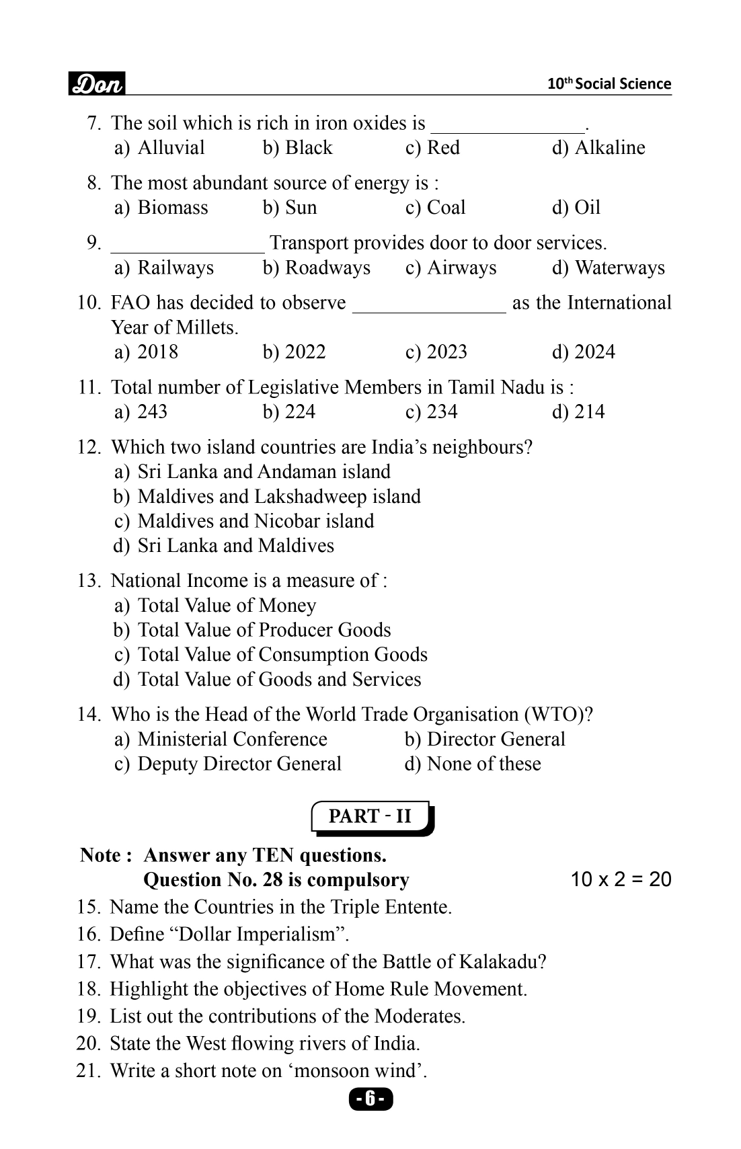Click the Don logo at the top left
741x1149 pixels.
(x=97, y=83)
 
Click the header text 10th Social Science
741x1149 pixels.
(x=609, y=84)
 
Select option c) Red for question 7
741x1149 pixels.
(x=433, y=148)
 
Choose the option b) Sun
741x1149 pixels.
(x=290, y=208)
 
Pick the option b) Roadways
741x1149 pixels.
(x=316, y=268)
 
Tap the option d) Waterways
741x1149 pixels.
(x=608, y=268)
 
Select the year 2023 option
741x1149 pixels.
(x=432, y=352)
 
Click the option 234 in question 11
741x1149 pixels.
(x=432, y=411)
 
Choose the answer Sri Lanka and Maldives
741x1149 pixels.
(x=235, y=545)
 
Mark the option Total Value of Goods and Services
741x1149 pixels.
(x=279, y=679)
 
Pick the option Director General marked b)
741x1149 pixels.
(x=485, y=739)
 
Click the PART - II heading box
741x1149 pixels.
(x=370, y=817)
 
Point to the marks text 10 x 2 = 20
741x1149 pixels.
(x=621, y=879)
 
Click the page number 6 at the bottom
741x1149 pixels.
(x=370, y=1099)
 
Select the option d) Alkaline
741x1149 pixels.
(x=598, y=148)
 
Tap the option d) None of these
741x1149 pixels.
(x=473, y=764)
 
